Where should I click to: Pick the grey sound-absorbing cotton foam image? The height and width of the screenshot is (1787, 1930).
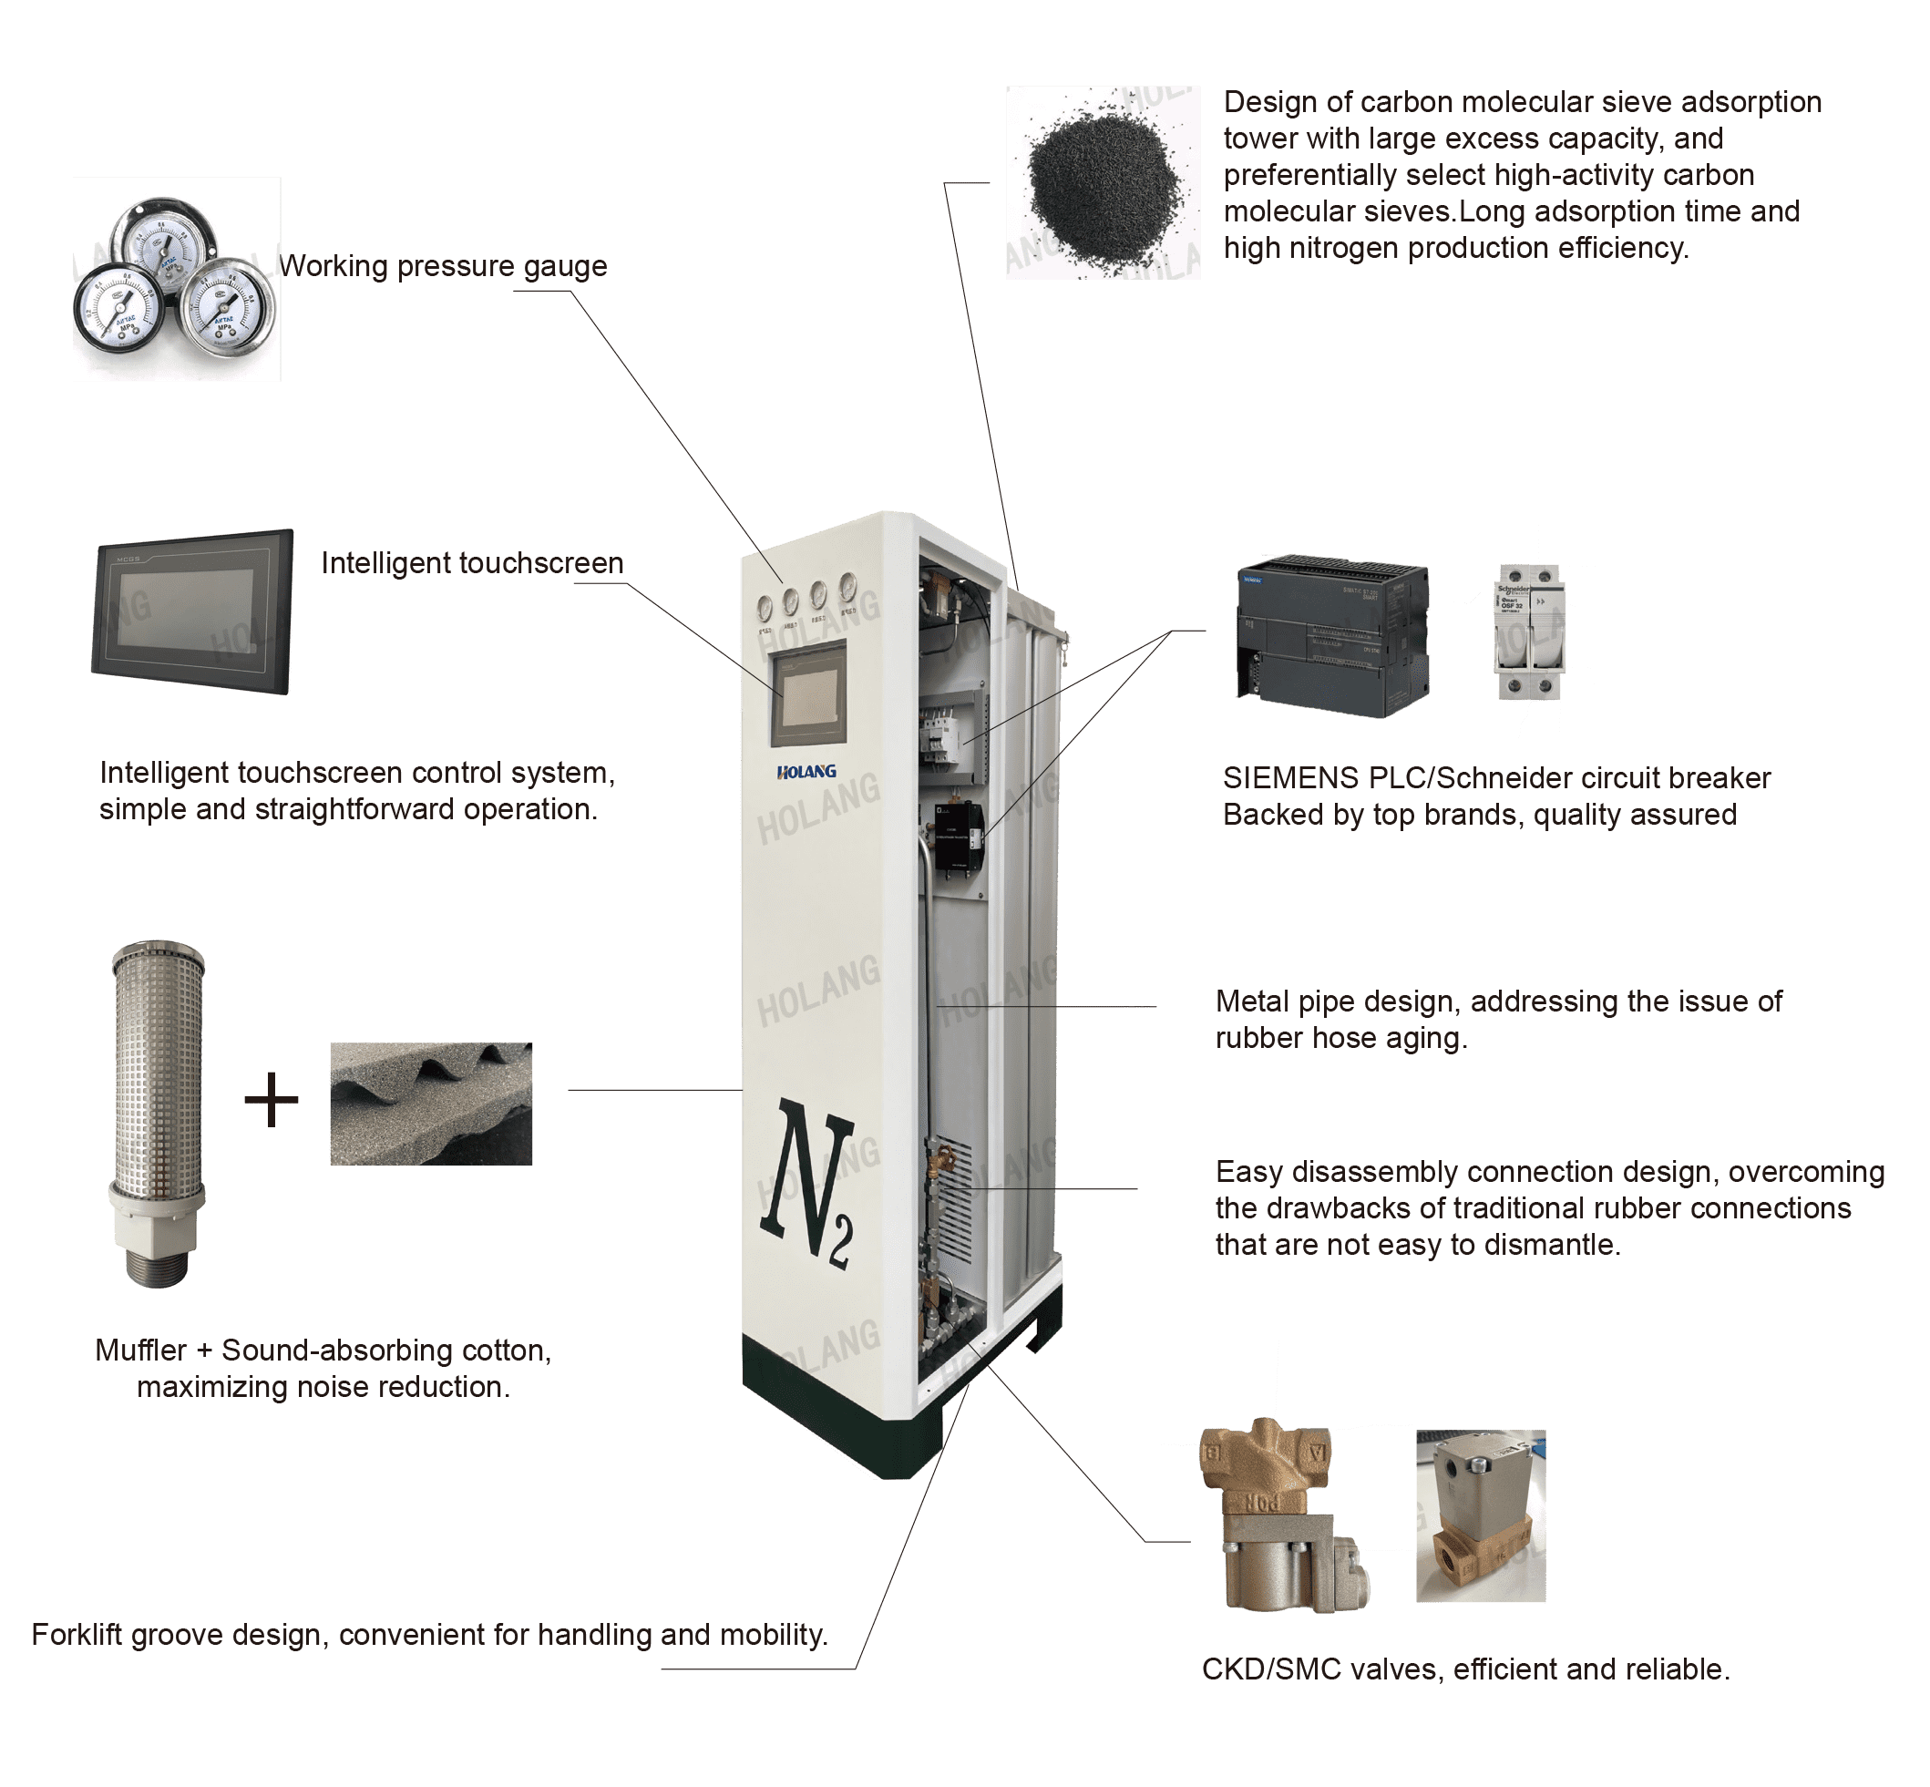431,1104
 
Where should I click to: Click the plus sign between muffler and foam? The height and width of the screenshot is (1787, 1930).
271,1100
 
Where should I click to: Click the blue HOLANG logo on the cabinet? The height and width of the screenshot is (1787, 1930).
806,772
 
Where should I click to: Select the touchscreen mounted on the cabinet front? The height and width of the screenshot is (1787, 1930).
809,693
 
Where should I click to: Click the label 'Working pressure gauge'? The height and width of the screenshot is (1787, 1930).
444,266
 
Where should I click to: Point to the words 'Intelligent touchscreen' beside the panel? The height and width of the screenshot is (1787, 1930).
473,563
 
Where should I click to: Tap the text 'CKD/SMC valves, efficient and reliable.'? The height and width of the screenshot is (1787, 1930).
1466,1668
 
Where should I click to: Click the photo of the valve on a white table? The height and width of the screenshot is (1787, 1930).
1481,1515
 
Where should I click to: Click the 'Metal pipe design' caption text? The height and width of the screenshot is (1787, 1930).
1339,1001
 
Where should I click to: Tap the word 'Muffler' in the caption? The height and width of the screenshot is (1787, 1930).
141,1350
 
